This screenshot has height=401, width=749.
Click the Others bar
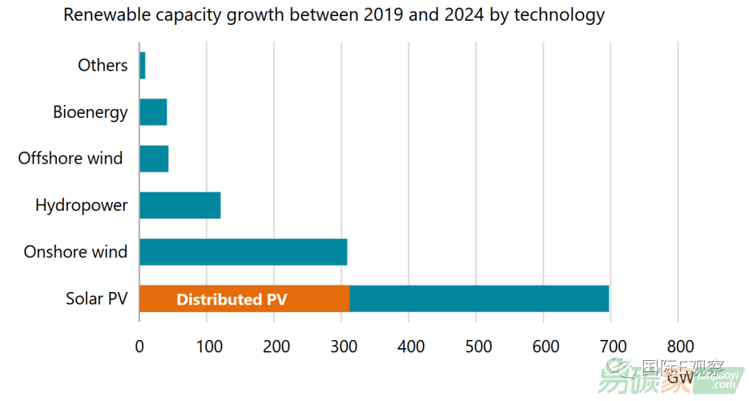[142, 65]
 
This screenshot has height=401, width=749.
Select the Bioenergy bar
[153, 112]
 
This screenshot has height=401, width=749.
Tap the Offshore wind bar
[154, 158]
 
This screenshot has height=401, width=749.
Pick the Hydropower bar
[180, 205]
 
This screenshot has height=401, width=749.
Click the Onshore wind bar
[243, 252]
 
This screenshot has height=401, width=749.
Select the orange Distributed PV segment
[244, 299]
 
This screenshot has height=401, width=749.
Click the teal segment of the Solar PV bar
[479, 299]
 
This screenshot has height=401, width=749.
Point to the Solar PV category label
[96, 299]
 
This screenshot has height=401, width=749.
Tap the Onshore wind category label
[76, 252]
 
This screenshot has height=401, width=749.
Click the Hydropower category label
[81, 205]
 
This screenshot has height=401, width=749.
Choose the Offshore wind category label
[70, 158]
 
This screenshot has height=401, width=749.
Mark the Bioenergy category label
[90, 112]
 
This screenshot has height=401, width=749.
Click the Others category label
[103, 65]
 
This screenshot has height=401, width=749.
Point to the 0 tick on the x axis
[139, 346]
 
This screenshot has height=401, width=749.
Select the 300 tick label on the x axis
[341, 346]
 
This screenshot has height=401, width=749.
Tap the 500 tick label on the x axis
[476, 346]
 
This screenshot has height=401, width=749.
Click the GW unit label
[680, 378]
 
